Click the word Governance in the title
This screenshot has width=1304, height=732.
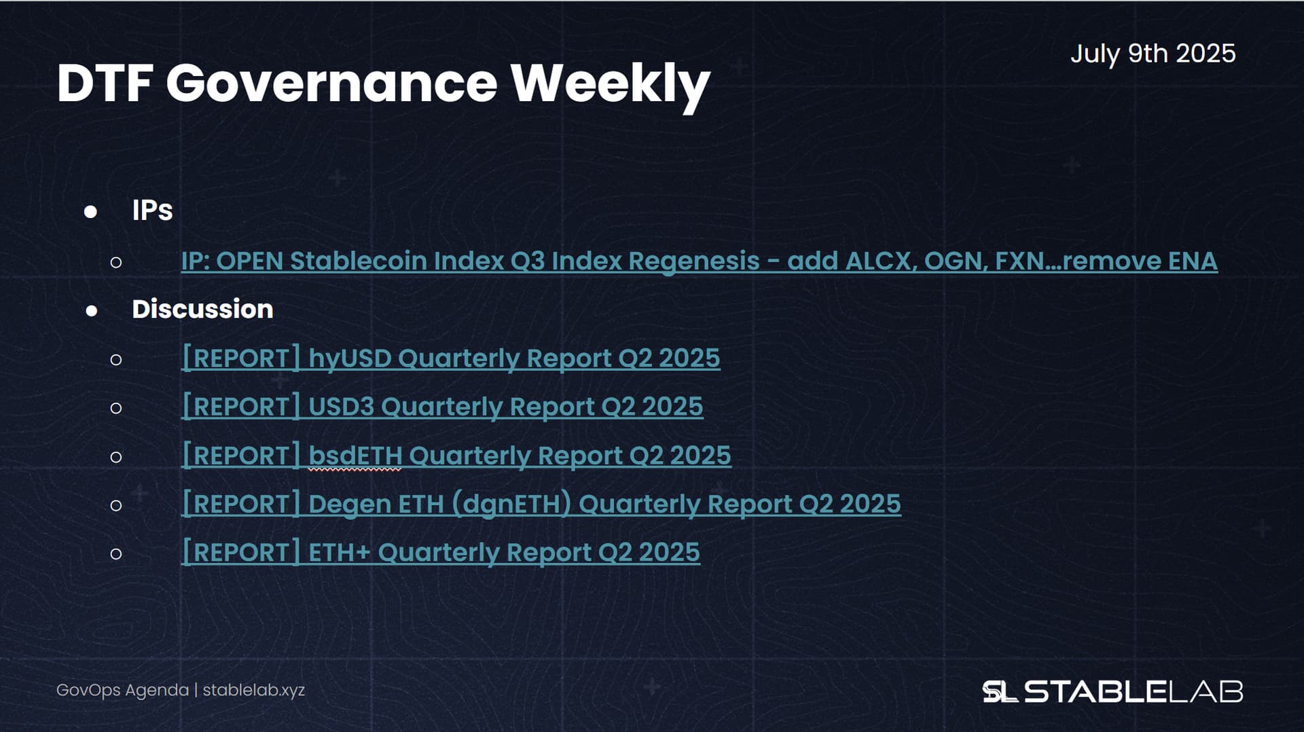(332, 84)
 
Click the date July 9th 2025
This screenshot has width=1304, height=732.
(1153, 54)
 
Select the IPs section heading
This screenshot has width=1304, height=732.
(152, 211)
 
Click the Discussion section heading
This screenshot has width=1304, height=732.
(202, 310)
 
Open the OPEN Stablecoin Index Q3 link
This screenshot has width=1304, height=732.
(700, 261)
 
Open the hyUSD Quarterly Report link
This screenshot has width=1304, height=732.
(451, 359)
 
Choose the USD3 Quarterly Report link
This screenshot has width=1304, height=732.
(442, 407)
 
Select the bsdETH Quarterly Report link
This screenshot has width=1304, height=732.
(456, 456)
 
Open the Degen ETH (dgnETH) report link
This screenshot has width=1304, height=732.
(541, 505)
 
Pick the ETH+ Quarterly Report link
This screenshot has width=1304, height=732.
(441, 553)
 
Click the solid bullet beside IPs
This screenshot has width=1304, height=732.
(90, 212)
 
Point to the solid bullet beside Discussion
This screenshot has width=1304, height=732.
(92, 311)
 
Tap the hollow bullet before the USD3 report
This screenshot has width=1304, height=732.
(116, 408)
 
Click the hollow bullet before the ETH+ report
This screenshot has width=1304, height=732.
(116, 554)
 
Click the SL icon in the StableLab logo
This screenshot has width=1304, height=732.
(1000, 692)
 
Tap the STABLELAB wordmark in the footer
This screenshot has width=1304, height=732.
(1134, 692)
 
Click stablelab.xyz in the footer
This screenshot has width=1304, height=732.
(254, 691)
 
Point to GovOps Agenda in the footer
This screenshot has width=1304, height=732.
(122, 691)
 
